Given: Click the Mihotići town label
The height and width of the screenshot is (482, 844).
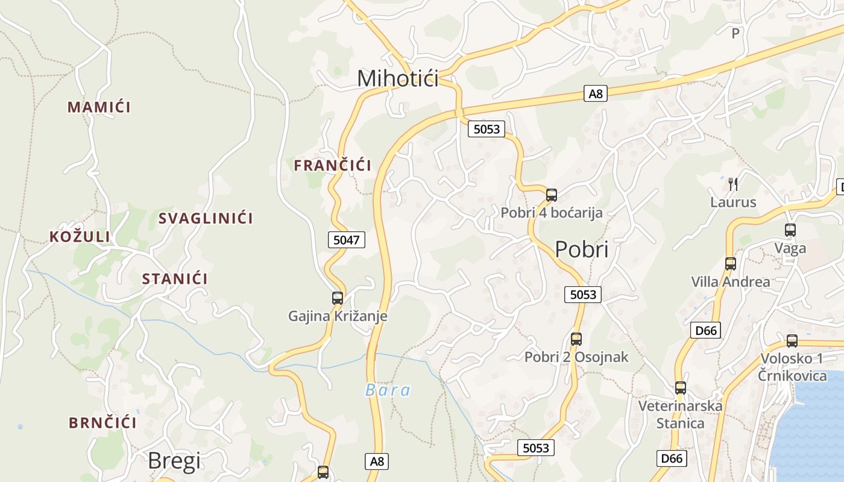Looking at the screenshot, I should click(x=398, y=78).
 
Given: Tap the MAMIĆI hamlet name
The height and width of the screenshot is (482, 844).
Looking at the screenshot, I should click(x=99, y=107).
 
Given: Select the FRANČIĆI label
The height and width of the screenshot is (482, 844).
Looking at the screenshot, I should click(x=332, y=166).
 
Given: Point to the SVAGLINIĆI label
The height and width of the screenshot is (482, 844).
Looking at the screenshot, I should click(x=206, y=218).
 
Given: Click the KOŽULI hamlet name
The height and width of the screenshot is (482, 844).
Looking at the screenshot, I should click(x=80, y=237).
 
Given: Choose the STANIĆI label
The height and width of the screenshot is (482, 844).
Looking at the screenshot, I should click(x=175, y=279).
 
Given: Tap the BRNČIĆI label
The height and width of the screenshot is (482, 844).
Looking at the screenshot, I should click(x=102, y=423).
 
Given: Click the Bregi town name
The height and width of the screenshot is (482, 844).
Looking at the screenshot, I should click(x=174, y=461).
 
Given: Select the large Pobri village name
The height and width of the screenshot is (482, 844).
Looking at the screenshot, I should click(x=582, y=249).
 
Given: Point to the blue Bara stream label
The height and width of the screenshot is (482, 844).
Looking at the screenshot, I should click(x=388, y=390).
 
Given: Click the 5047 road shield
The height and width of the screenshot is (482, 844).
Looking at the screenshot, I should click(x=347, y=240).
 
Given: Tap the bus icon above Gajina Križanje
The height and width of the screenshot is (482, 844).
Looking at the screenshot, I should click(x=338, y=298).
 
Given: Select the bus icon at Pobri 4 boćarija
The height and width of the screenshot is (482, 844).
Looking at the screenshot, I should click(x=552, y=195).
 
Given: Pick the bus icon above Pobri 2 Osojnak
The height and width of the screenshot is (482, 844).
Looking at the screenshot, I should click(x=576, y=339).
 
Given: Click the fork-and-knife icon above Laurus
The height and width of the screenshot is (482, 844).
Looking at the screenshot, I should click(x=733, y=184).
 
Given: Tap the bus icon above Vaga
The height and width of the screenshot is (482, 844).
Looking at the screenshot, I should click(x=790, y=230).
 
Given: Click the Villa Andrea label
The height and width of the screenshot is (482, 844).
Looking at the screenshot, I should click(x=731, y=281).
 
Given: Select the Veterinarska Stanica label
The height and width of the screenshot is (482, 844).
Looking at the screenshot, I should click(x=681, y=415).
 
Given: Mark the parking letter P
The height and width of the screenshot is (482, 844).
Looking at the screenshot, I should click(x=735, y=34).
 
